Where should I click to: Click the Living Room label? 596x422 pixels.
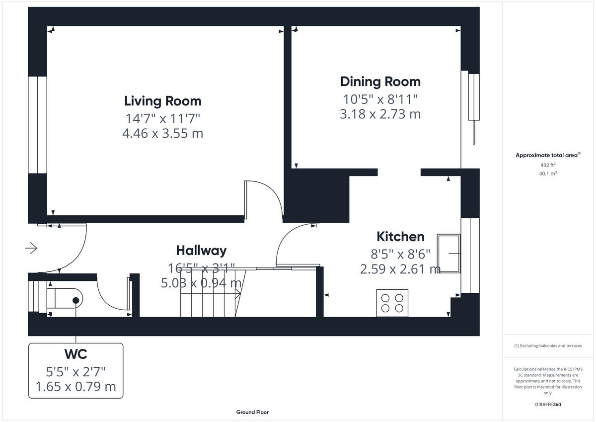pos(162,101)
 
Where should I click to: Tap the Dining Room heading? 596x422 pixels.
pos(380,82)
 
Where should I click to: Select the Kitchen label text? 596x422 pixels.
pos(400,236)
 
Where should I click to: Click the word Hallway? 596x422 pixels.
pos(201,250)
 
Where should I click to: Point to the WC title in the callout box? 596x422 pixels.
pos(75,354)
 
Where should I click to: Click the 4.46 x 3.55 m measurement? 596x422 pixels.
pos(162,133)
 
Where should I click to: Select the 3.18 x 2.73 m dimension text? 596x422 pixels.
pos(380,114)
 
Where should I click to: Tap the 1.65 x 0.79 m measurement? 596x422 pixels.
pos(75,386)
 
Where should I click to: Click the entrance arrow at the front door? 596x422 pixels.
pos(31,248)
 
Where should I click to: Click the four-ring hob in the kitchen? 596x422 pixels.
pos(392,303)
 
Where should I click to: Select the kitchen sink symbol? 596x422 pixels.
pos(448,253)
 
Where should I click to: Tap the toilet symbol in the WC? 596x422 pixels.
pos(65,300)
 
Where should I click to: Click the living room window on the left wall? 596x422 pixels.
pos(37,124)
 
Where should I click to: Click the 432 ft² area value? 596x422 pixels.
pos(548,165)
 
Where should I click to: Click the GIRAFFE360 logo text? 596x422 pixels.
pos(548,405)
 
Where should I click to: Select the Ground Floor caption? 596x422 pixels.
pos(252,412)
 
